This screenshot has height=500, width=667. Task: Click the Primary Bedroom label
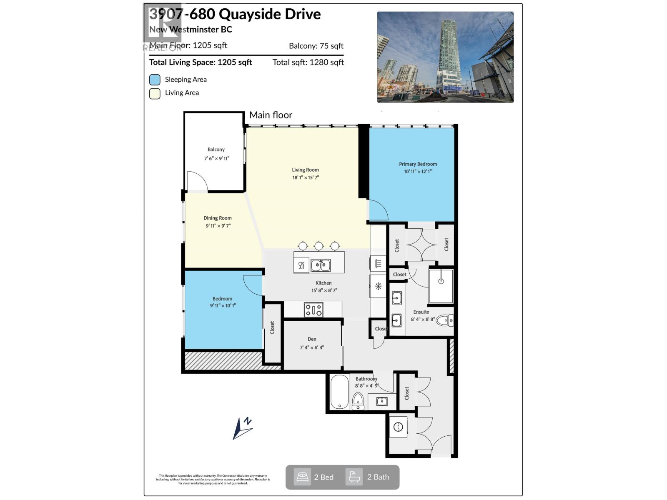point(418,164)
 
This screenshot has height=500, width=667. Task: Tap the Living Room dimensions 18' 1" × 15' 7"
point(306,177)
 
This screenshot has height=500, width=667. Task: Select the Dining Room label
point(217,218)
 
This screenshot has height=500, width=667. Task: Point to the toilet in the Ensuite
point(444,320)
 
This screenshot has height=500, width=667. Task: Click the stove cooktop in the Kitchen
point(313,310)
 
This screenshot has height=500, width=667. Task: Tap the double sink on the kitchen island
point(321,265)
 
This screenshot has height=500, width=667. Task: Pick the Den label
point(312,339)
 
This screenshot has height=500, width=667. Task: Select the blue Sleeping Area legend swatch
point(155,80)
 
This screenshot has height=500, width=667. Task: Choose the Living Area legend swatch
point(155,93)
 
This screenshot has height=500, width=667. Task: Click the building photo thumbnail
point(445,57)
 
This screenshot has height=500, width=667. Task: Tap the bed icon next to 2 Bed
point(302,477)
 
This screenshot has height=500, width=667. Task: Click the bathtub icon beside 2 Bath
point(354,477)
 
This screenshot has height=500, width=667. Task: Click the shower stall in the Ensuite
point(441,285)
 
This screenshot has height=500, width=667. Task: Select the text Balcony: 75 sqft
point(316,46)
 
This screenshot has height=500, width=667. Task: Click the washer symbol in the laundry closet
point(398,427)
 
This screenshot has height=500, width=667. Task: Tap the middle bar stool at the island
point(318,246)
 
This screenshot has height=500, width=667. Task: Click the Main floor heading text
point(271,115)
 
